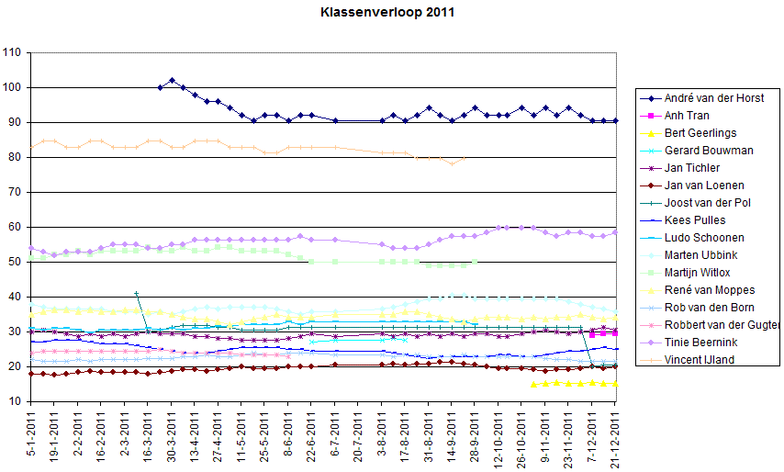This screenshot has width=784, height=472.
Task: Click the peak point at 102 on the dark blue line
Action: click(173, 81)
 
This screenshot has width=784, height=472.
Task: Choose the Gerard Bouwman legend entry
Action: click(709, 150)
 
